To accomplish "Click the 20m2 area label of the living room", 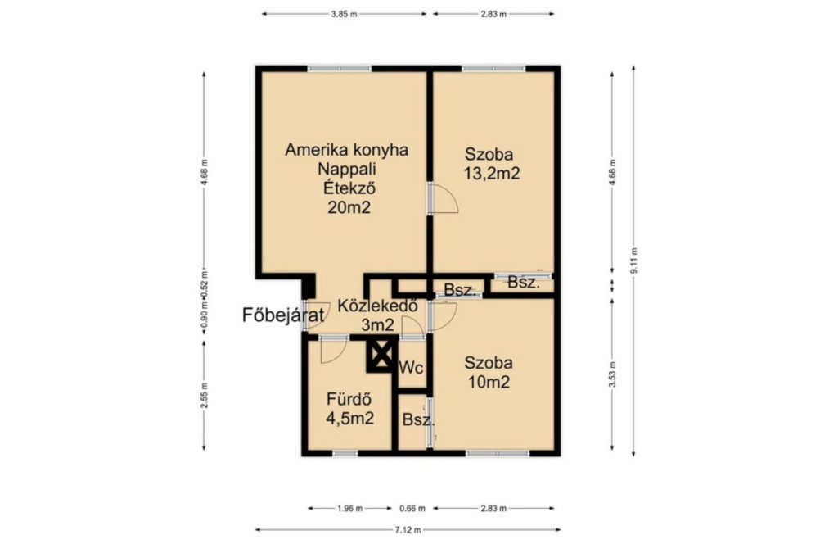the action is pyautogui.click(x=349, y=207).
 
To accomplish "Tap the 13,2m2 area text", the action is pyautogui.click(x=492, y=174).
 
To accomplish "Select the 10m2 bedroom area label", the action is pyautogui.click(x=489, y=382).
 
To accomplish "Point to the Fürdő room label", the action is pyautogui.click(x=349, y=399).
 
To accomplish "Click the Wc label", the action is pyautogui.click(x=411, y=368).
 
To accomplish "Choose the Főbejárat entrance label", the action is pyautogui.click(x=283, y=315).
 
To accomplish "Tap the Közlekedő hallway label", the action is pyautogui.click(x=377, y=306).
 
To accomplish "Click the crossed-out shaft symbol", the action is pyautogui.click(x=381, y=355).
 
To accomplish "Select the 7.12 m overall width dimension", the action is pyautogui.click(x=408, y=530).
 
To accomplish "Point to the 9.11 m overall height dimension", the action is pyautogui.click(x=634, y=261).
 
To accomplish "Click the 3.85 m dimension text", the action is pyautogui.click(x=344, y=15).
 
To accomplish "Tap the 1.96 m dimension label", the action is pyautogui.click(x=350, y=508).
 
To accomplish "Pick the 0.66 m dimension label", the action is pyautogui.click(x=412, y=508).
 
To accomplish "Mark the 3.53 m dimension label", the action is pyautogui.click(x=612, y=374).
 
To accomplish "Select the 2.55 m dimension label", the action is pyautogui.click(x=204, y=396).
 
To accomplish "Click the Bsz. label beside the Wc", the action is pyautogui.click(x=418, y=420).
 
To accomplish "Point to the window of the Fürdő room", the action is pyautogui.click(x=345, y=454).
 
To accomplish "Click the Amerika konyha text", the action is pyautogui.click(x=346, y=149).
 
